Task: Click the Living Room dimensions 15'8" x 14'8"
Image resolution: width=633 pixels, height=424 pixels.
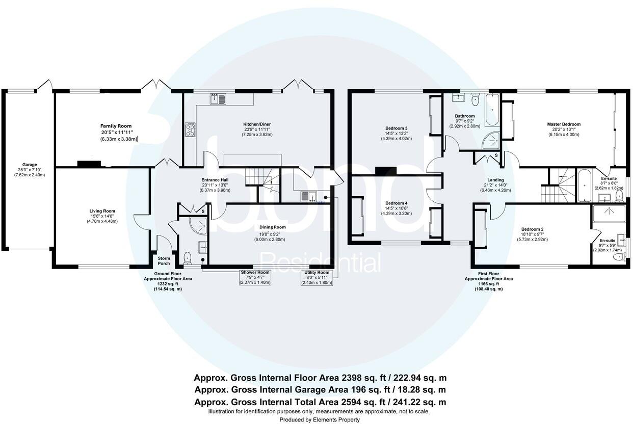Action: click(x=102, y=216)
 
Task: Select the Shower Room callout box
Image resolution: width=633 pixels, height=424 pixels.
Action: click(x=255, y=277)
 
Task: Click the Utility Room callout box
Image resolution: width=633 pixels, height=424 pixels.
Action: click(x=316, y=277)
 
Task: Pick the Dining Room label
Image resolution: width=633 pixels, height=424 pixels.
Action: click(x=273, y=227)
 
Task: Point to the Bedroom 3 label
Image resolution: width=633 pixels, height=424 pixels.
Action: click(x=396, y=128)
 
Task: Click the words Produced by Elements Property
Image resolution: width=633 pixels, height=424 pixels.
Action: click(x=319, y=419)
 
